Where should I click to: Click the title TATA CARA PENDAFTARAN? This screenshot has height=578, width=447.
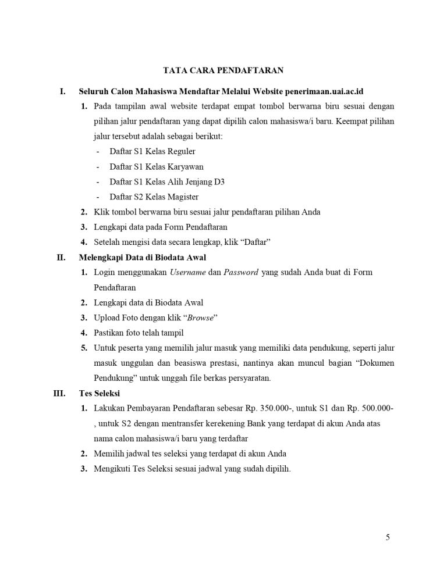pos(223,71)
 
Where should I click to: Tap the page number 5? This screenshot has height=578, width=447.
pos(388,537)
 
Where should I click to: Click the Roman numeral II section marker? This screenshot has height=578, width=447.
pos(61,257)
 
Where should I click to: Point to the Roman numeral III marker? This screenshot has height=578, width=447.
pos(59,393)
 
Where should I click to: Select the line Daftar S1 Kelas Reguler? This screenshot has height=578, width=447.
pos(152,151)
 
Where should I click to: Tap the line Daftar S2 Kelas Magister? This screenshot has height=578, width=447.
pos(154,197)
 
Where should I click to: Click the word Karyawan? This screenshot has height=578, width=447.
pos(186,166)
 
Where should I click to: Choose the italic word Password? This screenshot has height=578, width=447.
pos(241,272)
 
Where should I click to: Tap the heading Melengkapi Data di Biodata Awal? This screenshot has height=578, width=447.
pos(142,257)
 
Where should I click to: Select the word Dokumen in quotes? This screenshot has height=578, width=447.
pos(372,363)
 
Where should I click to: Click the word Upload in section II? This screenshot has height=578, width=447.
pos(107,317)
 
